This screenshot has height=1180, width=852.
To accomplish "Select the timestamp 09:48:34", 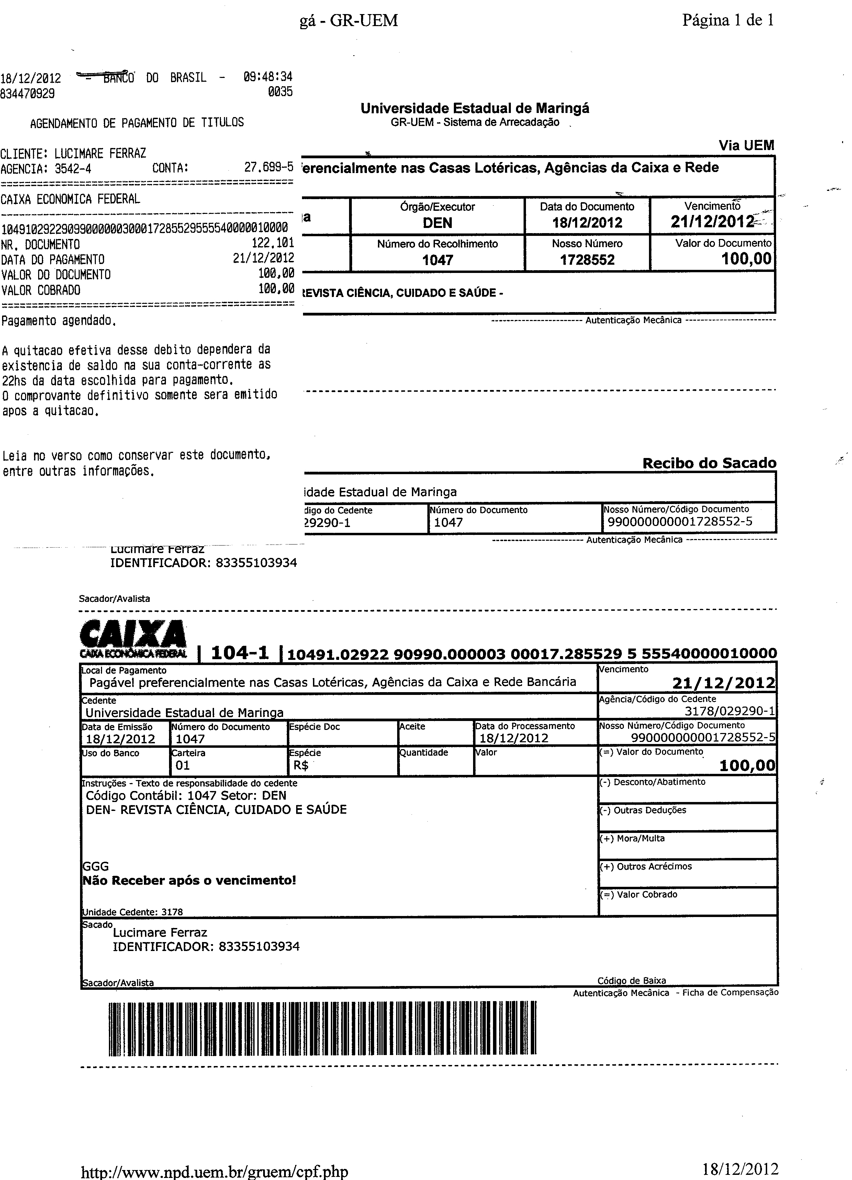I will click(x=268, y=77).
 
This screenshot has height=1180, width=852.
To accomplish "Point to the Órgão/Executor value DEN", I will click(x=437, y=223).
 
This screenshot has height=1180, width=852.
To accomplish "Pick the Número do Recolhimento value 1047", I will click(x=437, y=260).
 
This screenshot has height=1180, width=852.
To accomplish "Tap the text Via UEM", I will click(x=746, y=146).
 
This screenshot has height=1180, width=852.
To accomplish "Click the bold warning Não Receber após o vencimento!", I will click(x=190, y=880).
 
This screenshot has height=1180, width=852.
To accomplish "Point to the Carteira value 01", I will click(x=183, y=765).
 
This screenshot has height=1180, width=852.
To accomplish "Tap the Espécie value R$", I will click(x=301, y=765).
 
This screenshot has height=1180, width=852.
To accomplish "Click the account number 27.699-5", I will click(x=269, y=168).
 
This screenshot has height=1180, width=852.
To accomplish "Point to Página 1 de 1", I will click(x=728, y=20).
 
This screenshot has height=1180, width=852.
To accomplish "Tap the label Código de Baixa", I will click(x=631, y=981).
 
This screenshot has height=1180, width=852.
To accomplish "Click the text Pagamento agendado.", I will click(x=58, y=321).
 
